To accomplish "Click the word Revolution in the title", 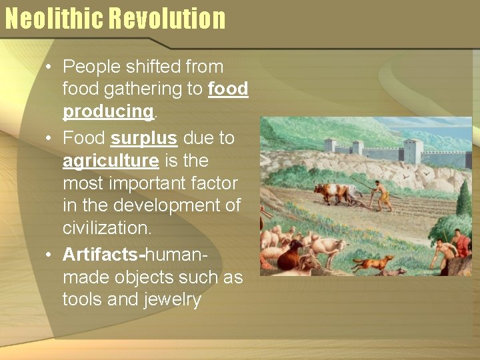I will pyautogui.click(x=167, y=19).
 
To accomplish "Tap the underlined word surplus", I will pyautogui.click(x=144, y=138).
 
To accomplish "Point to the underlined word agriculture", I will pyautogui.click(x=111, y=161).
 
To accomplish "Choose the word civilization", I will pyautogui.click(x=107, y=228).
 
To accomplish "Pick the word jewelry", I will pyautogui.click(x=172, y=300).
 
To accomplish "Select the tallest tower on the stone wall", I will pyautogui.click(x=413, y=152).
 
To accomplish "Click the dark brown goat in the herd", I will pyautogui.click(x=289, y=257).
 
